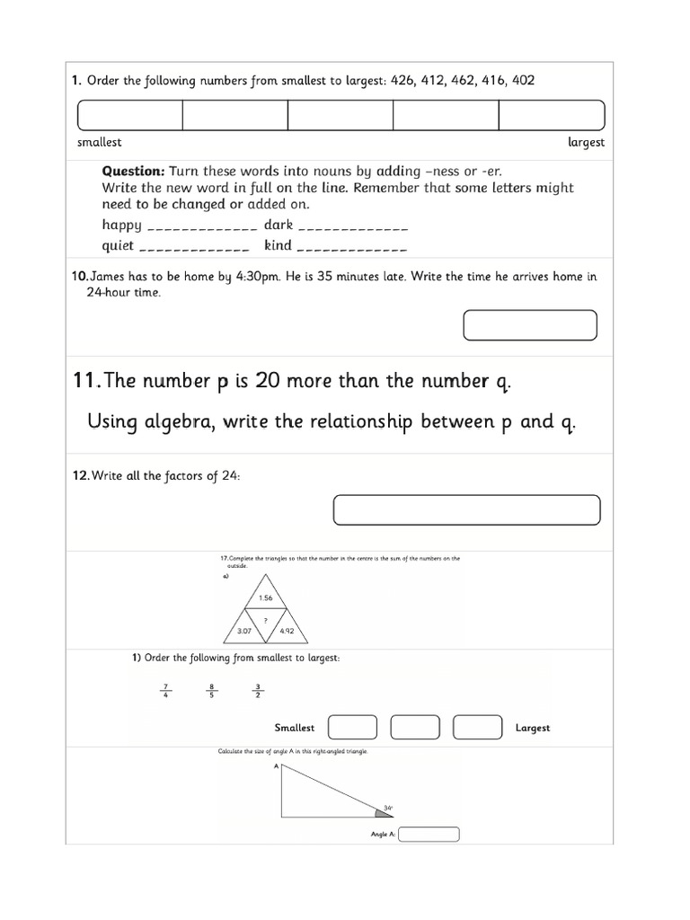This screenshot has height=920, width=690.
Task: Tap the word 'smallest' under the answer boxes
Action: [100, 142]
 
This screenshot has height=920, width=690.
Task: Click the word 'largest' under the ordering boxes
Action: [586, 142]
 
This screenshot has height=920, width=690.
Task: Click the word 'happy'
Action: [121, 225]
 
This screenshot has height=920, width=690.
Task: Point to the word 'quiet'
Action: [118, 245]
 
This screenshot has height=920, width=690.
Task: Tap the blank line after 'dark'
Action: [352, 226]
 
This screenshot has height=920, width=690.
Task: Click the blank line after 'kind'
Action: [351, 247]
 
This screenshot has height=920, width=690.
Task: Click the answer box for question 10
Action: [529, 325]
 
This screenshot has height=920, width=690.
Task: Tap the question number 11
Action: [86, 382]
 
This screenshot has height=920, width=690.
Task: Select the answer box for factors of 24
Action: [466, 509]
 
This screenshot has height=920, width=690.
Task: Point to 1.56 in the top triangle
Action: [265, 597]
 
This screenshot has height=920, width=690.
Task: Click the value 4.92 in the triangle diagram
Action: [287, 631]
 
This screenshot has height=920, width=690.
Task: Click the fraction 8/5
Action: [212, 691]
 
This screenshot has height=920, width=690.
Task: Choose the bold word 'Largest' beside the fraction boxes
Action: [532, 728]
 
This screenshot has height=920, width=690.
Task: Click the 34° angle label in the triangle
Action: [388, 808]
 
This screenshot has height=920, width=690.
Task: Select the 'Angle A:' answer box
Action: [429, 835]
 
